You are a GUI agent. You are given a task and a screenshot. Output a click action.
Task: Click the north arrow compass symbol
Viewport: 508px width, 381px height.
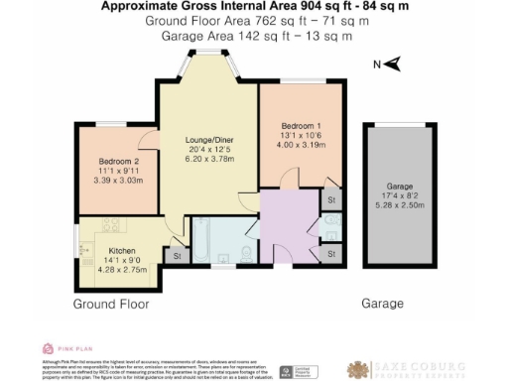[392, 64]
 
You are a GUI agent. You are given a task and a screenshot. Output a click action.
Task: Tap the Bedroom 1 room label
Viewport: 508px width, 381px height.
[295, 127]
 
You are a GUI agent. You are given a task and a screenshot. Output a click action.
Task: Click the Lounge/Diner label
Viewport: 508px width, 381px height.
[207, 141]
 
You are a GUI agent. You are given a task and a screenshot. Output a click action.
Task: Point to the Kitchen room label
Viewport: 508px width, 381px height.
[122, 250]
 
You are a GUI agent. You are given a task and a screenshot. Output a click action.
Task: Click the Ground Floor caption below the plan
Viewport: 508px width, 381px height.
[110, 304]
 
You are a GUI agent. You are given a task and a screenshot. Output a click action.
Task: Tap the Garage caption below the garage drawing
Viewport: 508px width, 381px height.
[382, 304]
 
